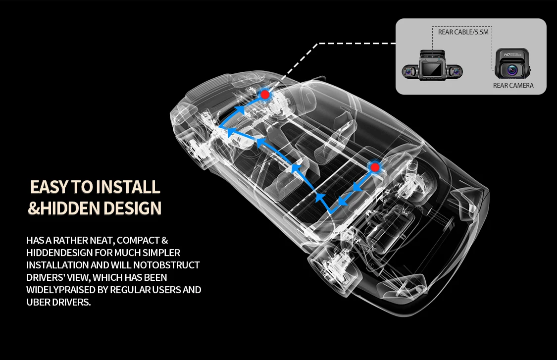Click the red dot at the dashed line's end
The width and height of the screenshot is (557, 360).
pos(265,94)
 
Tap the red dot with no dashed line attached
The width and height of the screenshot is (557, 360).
pos(375,167)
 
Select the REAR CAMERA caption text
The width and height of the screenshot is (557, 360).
pos(513,86)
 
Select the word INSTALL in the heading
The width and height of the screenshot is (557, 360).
pos(127,187)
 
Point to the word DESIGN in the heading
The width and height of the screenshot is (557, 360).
pos(132,208)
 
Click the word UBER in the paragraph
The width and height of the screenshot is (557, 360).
pos(39,302)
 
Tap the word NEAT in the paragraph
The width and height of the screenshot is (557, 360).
pos(101,241)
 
